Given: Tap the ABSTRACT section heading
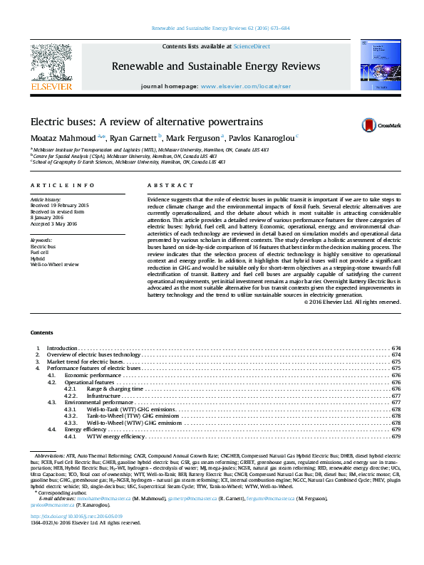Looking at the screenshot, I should point(160,185).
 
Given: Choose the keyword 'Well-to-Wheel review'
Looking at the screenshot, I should point(54,263).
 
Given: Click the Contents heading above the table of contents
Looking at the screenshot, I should point(41,333).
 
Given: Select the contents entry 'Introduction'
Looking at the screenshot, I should point(61,348).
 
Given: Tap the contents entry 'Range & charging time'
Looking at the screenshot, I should point(115,389).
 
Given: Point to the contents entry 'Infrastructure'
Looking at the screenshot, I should point(104,396).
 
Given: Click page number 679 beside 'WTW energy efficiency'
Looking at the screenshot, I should point(395,436).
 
